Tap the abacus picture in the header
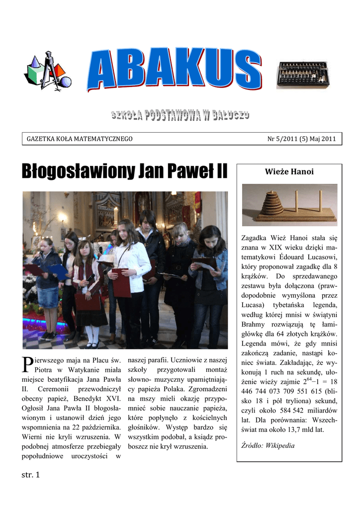click(x=302, y=75)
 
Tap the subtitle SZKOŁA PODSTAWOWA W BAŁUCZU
click(x=180, y=116)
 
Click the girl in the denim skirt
click(x=48, y=288)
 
